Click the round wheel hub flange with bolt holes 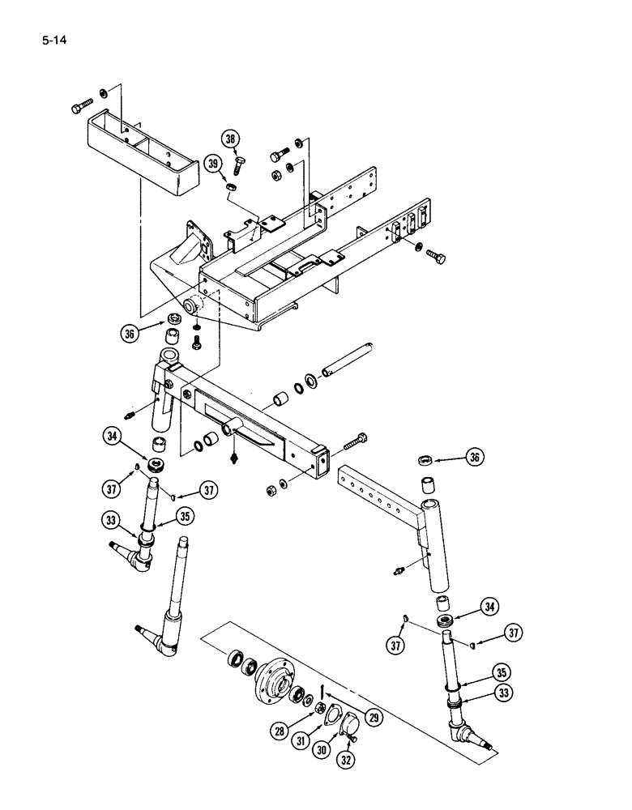pos(274,676)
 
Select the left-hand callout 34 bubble pos(113,439)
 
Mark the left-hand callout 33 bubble pos(113,519)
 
